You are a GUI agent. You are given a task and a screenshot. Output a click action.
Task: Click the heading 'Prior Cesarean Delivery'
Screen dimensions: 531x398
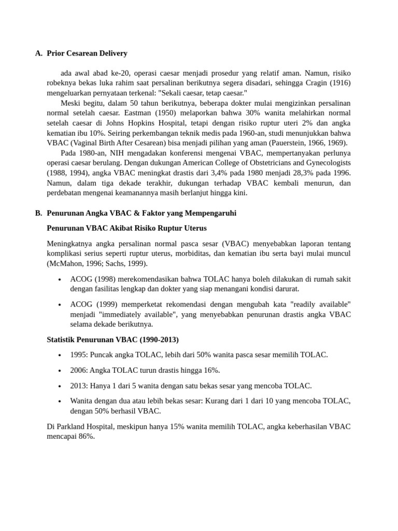coord(87,53)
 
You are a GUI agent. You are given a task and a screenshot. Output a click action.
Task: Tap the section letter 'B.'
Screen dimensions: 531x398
coord(39,213)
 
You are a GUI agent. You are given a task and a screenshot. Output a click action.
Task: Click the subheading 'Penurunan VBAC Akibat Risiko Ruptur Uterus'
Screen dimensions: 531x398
coord(126,228)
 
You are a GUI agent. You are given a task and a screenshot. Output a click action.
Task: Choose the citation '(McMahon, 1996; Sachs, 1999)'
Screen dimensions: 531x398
coord(97,263)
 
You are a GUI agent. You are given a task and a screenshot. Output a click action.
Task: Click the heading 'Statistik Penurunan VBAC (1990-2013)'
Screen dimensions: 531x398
coord(112,340)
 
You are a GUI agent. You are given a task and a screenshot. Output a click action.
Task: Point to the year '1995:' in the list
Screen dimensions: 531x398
coord(79,355)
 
